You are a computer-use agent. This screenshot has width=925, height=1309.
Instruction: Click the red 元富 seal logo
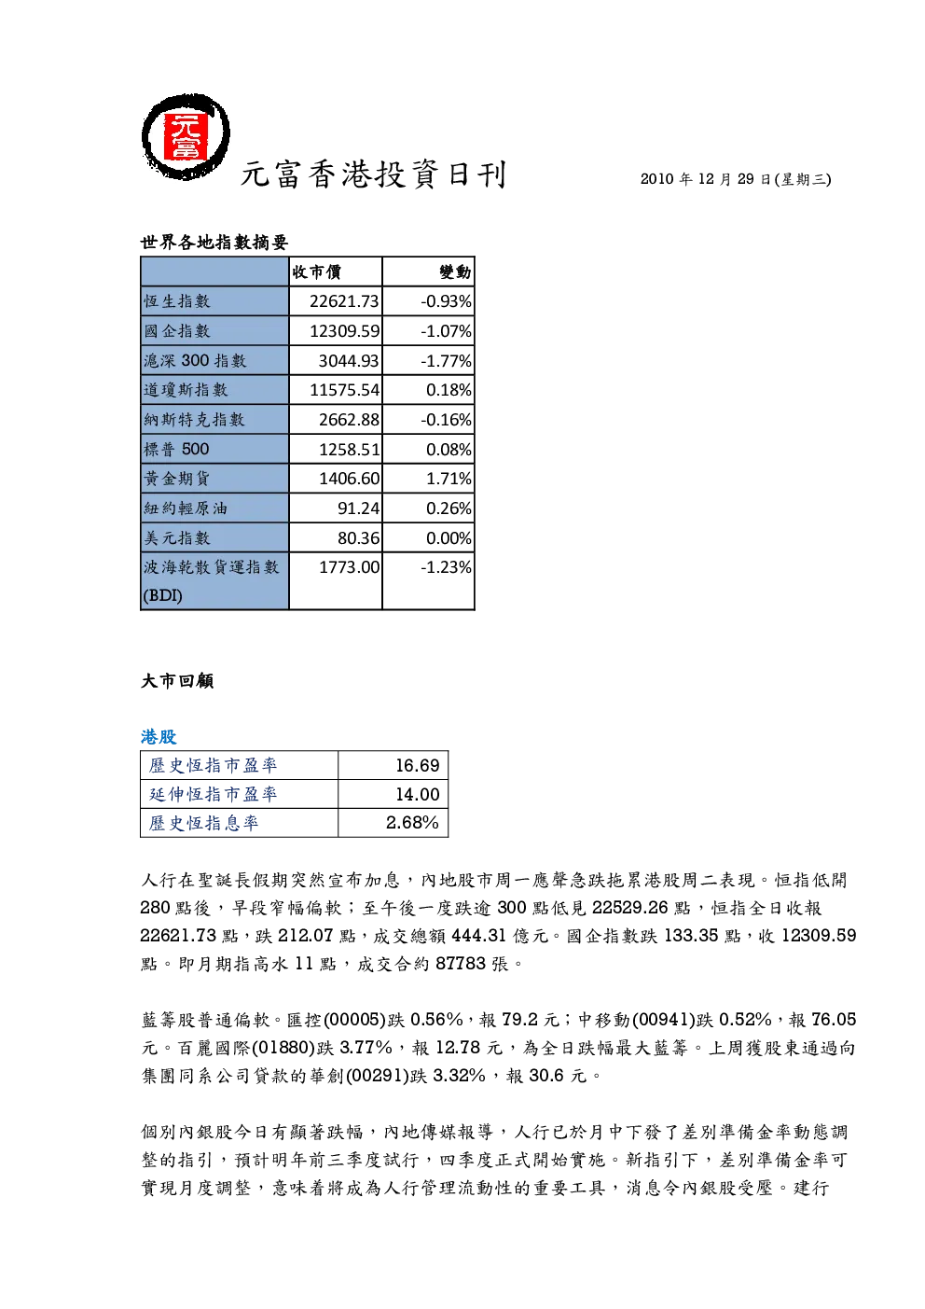point(186,137)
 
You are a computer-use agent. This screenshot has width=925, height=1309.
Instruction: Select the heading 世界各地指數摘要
point(214,242)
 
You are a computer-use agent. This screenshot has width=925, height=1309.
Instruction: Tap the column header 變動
point(455,272)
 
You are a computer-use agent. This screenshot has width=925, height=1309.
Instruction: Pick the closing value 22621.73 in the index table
point(344,301)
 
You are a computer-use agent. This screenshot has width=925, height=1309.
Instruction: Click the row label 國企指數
point(177,331)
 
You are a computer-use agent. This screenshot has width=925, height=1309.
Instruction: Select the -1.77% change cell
point(446,361)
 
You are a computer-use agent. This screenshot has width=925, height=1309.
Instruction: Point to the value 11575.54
point(344,390)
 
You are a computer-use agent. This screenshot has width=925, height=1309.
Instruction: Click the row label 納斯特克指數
point(194,420)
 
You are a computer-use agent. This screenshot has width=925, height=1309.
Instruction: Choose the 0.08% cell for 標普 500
point(449,450)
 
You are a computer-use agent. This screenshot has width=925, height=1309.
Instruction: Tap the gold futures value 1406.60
point(349,479)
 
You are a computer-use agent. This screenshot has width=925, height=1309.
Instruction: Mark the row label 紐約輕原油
point(186,508)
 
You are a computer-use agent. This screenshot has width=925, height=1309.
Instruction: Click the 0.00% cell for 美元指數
point(449,538)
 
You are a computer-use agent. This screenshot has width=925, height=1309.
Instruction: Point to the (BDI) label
point(162,595)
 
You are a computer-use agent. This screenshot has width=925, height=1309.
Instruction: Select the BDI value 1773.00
point(349,567)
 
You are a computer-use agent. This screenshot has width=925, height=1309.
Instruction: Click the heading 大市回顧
point(177,681)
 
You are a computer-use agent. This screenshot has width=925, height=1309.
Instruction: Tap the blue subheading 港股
point(159,737)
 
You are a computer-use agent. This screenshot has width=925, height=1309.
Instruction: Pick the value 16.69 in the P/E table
point(417,766)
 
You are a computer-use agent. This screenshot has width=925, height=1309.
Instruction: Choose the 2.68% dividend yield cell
point(412,823)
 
